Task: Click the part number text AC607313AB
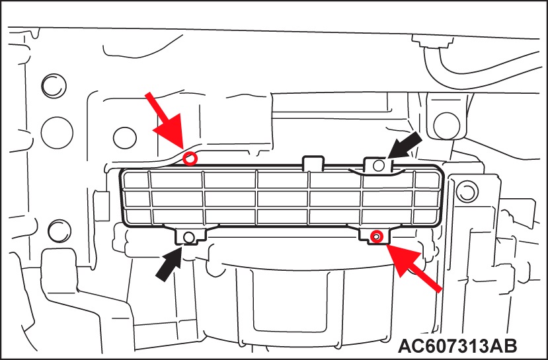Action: (x=457, y=345)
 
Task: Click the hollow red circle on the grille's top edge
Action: (x=190, y=159)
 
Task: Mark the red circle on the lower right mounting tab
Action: (x=376, y=236)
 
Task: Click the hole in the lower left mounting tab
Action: (x=188, y=236)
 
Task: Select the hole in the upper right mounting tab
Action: (x=379, y=165)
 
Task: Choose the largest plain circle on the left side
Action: (x=57, y=133)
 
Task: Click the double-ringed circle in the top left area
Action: (x=54, y=86)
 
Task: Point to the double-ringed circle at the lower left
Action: (x=59, y=231)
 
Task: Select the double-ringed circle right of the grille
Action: (x=467, y=192)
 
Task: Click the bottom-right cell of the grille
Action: (x=426, y=215)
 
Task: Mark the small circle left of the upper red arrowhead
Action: (x=125, y=138)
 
